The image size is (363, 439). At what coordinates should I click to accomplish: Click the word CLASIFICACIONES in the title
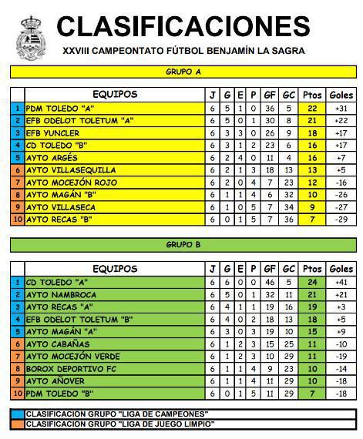(x=183, y=25)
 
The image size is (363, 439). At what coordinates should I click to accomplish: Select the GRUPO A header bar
(x=183, y=72)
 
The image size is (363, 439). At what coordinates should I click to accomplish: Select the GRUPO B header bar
(x=183, y=245)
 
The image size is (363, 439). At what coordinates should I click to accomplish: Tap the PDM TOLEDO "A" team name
(x=60, y=109)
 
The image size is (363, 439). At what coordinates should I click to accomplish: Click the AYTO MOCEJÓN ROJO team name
(x=72, y=183)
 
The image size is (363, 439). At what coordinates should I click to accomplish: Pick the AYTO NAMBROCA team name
(x=61, y=294)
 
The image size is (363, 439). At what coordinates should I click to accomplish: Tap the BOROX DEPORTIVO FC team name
(x=71, y=368)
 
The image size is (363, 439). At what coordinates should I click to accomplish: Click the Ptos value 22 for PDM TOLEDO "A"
(x=312, y=109)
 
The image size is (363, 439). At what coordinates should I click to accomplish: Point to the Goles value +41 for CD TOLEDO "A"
(x=341, y=282)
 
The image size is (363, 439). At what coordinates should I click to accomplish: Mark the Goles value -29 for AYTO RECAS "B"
(x=341, y=219)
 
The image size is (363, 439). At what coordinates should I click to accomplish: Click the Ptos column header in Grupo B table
(x=312, y=269)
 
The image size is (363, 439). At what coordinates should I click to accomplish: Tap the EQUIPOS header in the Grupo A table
(x=115, y=95)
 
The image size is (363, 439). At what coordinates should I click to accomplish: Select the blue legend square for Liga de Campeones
(x=17, y=414)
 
